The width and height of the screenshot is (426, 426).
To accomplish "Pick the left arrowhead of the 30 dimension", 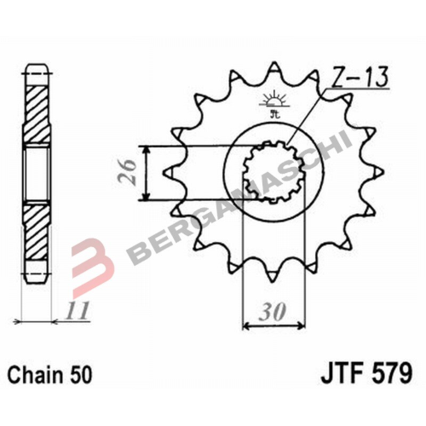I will click(x=249, y=325).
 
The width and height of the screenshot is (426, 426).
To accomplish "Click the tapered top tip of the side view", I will click(x=37, y=70).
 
